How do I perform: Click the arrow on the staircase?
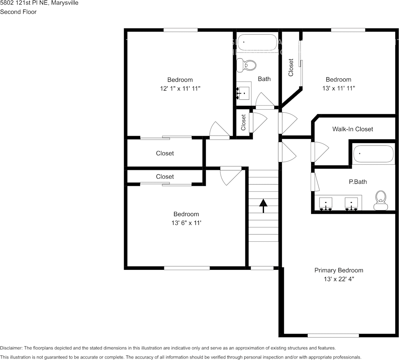coord(263,206)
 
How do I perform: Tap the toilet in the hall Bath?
coord(246,65)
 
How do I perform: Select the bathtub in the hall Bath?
coord(257,42)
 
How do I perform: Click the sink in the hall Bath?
coord(243,94)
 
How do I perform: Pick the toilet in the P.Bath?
coord(381,201)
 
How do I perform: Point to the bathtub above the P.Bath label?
coord(374,154)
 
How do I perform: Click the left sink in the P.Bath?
coord(326,204)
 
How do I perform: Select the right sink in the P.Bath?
coord(351,204)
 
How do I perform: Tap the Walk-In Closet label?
coord(353,129)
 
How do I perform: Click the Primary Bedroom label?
coord(339,270)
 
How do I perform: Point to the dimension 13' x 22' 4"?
coord(339,279)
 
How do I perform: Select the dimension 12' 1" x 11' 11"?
coord(180,89)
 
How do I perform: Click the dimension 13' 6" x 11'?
coord(186,223)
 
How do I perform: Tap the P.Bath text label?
coord(358,182)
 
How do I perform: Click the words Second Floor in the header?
coord(18,12)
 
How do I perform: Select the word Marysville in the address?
coord(65,3)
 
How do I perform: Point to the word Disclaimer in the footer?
coord(11,348)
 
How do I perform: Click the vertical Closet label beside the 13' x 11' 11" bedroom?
coord(291,67)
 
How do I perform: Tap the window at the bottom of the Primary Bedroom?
coord(333,336)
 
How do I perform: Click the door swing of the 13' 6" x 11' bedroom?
coord(230,176)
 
